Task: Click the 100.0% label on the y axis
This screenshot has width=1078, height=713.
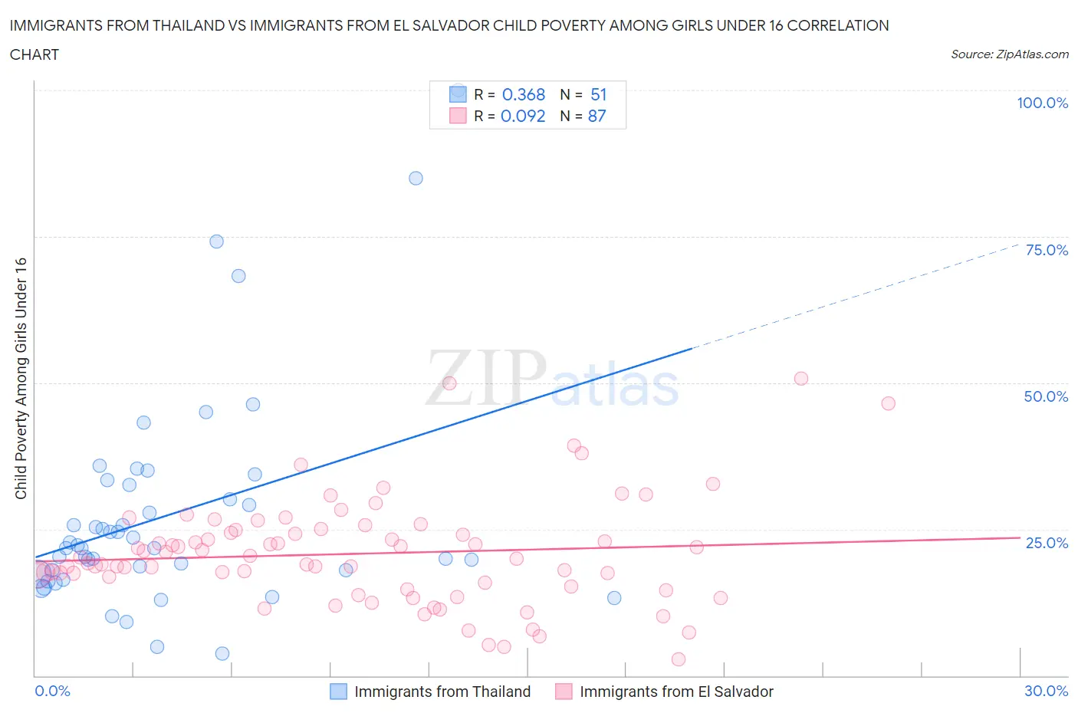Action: click(1042, 103)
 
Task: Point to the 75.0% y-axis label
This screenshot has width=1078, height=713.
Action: click(1047, 250)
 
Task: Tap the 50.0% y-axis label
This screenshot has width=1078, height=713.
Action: click(1046, 396)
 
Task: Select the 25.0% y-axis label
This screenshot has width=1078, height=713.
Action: click(1047, 543)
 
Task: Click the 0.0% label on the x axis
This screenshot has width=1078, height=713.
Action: click(52, 691)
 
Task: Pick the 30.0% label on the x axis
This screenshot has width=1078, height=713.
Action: click(1046, 691)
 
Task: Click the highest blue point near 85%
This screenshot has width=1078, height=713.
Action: click(416, 178)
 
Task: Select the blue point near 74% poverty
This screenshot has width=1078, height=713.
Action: click(216, 242)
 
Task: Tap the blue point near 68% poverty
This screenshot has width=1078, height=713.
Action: click(238, 276)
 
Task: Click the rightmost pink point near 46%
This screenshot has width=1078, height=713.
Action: click(888, 403)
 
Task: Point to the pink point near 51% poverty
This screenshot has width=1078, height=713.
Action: click(801, 378)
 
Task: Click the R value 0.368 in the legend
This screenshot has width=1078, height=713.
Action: click(524, 94)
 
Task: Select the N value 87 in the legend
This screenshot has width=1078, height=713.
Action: click(597, 116)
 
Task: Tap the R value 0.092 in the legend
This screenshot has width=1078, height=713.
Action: click(523, 116)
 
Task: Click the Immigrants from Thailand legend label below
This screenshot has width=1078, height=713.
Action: click(442, 692)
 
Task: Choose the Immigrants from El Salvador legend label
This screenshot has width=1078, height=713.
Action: click(676, 692)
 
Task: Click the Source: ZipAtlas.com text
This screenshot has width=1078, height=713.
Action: click(1009, 54)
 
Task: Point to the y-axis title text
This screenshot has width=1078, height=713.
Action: click(21, 379)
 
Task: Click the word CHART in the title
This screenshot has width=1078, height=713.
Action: click(35, 54)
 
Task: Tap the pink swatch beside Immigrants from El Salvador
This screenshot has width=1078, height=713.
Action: click(564, 692)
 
